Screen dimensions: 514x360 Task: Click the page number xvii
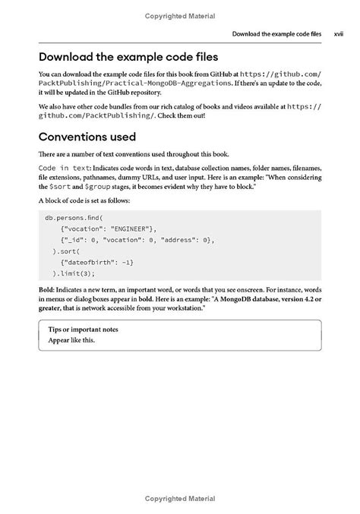(339, 34)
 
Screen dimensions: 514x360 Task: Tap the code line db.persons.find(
(74, 217)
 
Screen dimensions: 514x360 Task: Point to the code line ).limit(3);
(74, 274)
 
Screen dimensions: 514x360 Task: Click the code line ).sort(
(66, 251)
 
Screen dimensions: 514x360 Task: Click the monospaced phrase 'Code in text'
(65, 167)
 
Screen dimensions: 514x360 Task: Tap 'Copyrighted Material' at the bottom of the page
(179, 497)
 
